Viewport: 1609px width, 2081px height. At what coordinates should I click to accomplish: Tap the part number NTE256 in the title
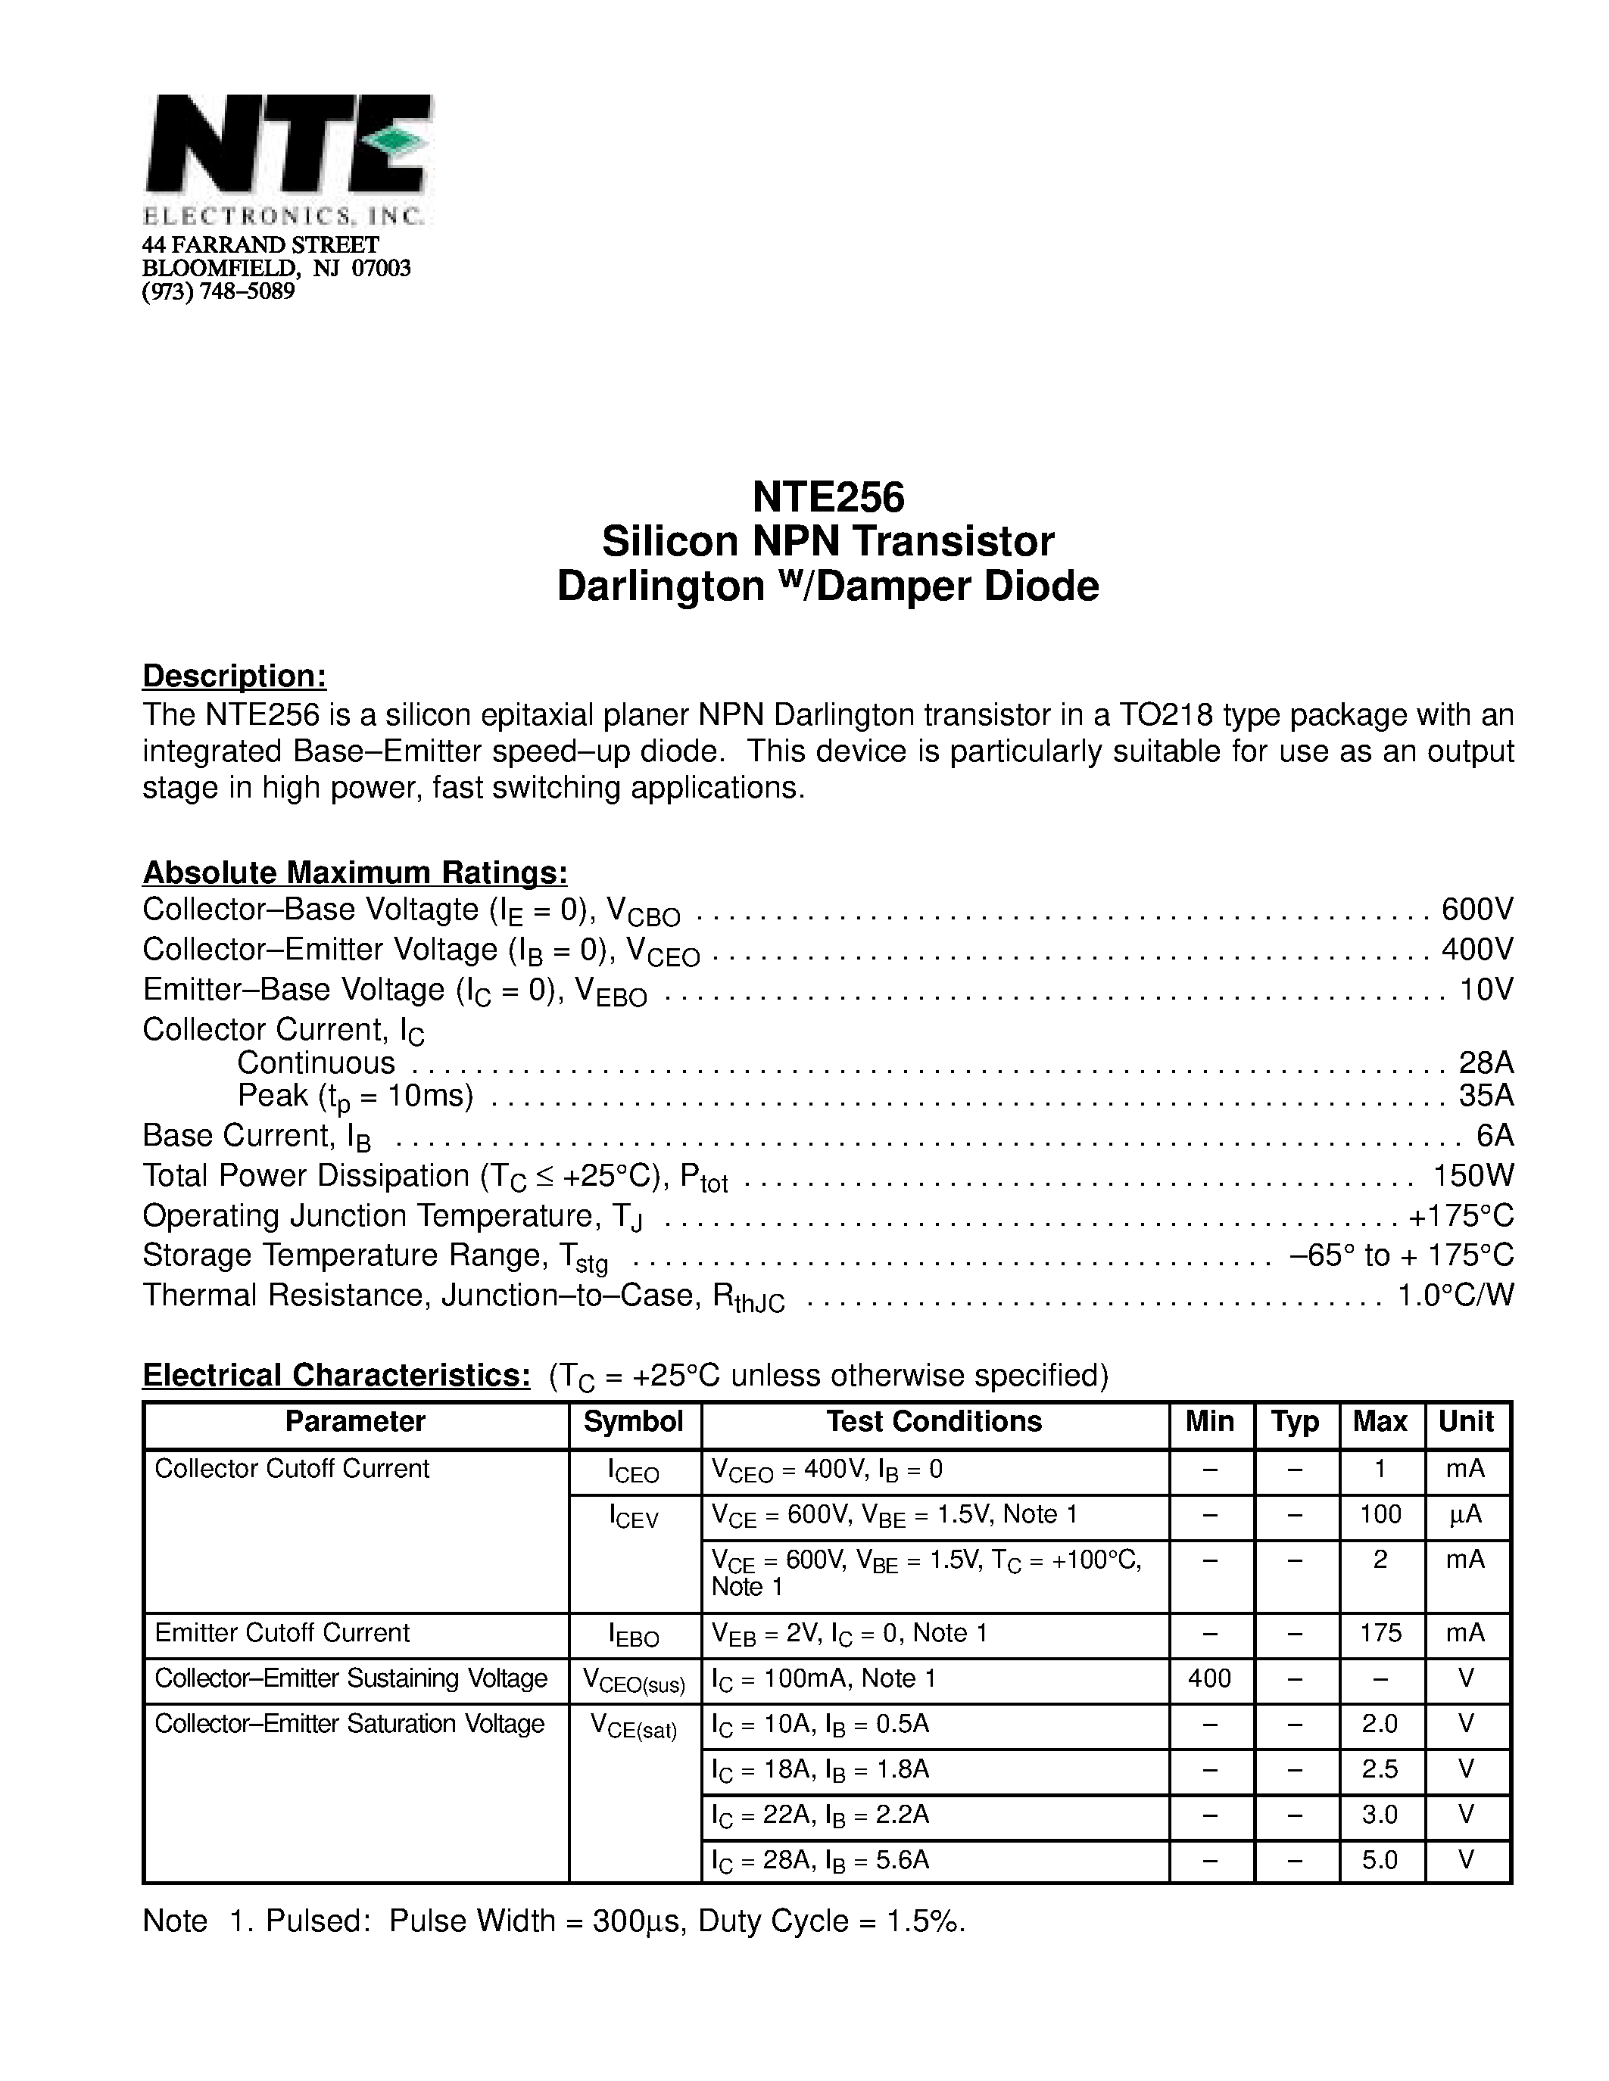[828, 496]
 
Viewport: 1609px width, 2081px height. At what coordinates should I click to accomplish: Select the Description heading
[235, 676]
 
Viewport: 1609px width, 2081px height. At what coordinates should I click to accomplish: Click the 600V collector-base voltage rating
[1476, 910]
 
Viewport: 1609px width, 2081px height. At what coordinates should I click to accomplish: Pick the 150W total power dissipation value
[1473, 1176]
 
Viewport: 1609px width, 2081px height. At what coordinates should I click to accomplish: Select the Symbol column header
[634, 1422]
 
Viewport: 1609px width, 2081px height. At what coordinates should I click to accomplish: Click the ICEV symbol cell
[634, 1517]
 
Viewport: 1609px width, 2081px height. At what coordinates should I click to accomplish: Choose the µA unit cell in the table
[1465, 1515]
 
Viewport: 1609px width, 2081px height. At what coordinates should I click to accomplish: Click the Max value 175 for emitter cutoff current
[1380, 1633]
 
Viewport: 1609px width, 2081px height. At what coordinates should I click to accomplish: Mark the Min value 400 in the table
[1210, 1678]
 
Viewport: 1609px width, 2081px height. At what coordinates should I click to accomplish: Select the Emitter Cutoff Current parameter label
[282, 1633]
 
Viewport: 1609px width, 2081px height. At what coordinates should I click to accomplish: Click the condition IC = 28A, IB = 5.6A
[820, 1860]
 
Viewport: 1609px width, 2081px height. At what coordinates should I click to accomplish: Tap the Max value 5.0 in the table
[1380, 1859]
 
